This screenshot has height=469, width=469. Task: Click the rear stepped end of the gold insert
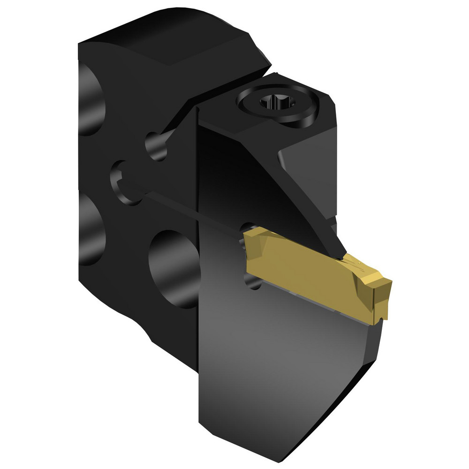249,239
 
